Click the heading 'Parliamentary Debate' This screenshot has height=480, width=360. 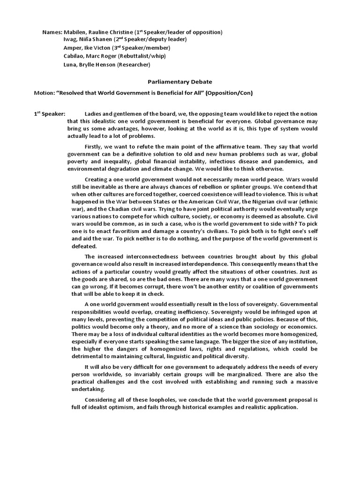point(180,82)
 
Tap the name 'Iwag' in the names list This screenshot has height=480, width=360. point(71,40)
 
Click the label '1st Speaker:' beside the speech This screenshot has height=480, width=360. point(49,114)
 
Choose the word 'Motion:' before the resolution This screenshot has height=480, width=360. point(44,93)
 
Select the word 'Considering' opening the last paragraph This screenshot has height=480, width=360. point(102,400)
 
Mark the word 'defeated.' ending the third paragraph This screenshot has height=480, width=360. point(84,246)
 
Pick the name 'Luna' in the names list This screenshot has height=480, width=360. point(71,64)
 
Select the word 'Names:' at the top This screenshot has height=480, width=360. point(52,32)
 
